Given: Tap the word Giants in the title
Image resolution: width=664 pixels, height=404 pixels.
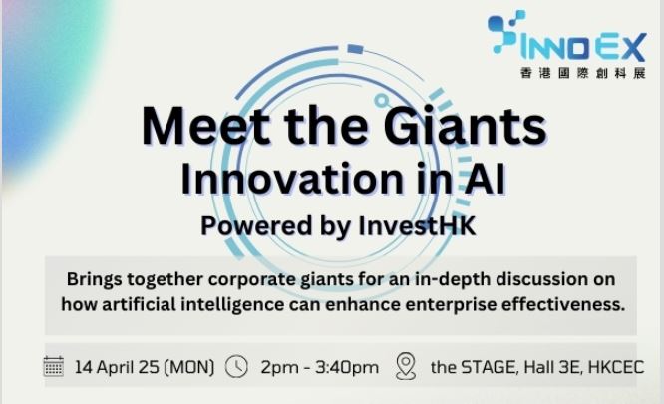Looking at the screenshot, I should pos(460,127).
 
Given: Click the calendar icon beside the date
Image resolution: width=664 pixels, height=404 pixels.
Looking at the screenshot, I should pos(54,366).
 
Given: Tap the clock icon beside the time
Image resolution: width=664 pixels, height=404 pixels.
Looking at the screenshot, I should pos(236,366).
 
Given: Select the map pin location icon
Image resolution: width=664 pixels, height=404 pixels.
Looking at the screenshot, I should pos(406,366).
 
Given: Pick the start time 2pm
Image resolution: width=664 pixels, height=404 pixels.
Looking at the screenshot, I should pos(279,367).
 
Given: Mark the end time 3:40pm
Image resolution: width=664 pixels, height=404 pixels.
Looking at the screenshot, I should pos(346,367).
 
